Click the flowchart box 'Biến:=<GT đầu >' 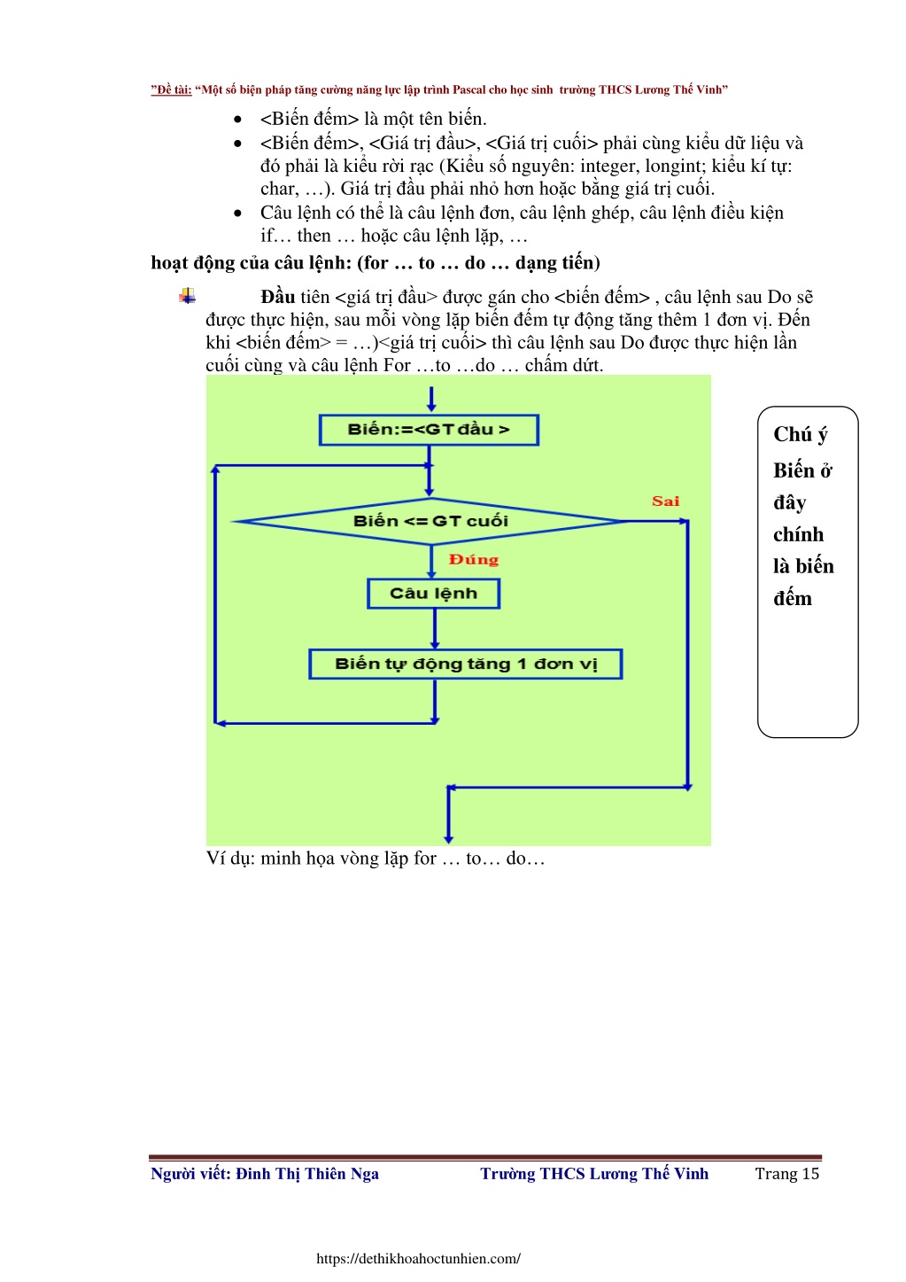coord(429,430)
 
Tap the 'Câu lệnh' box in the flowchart coord(434,594)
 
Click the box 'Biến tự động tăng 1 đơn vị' coord(466,664)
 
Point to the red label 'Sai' coord(666,501)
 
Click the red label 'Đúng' coord(474,559)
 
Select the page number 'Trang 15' coord(787,1174)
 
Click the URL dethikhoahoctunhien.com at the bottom coord(418,1259)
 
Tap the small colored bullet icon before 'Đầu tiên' coord(188,296)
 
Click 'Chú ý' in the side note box coord(801,434)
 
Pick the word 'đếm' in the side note coord(792,598)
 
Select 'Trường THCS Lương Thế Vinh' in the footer coord(594,1174)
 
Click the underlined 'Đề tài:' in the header coord(172,89)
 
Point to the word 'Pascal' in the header coord(469,89)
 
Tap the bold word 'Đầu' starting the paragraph coord(278,297)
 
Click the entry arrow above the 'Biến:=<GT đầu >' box coord(431,399)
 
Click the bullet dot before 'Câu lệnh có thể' coord(238,214)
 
